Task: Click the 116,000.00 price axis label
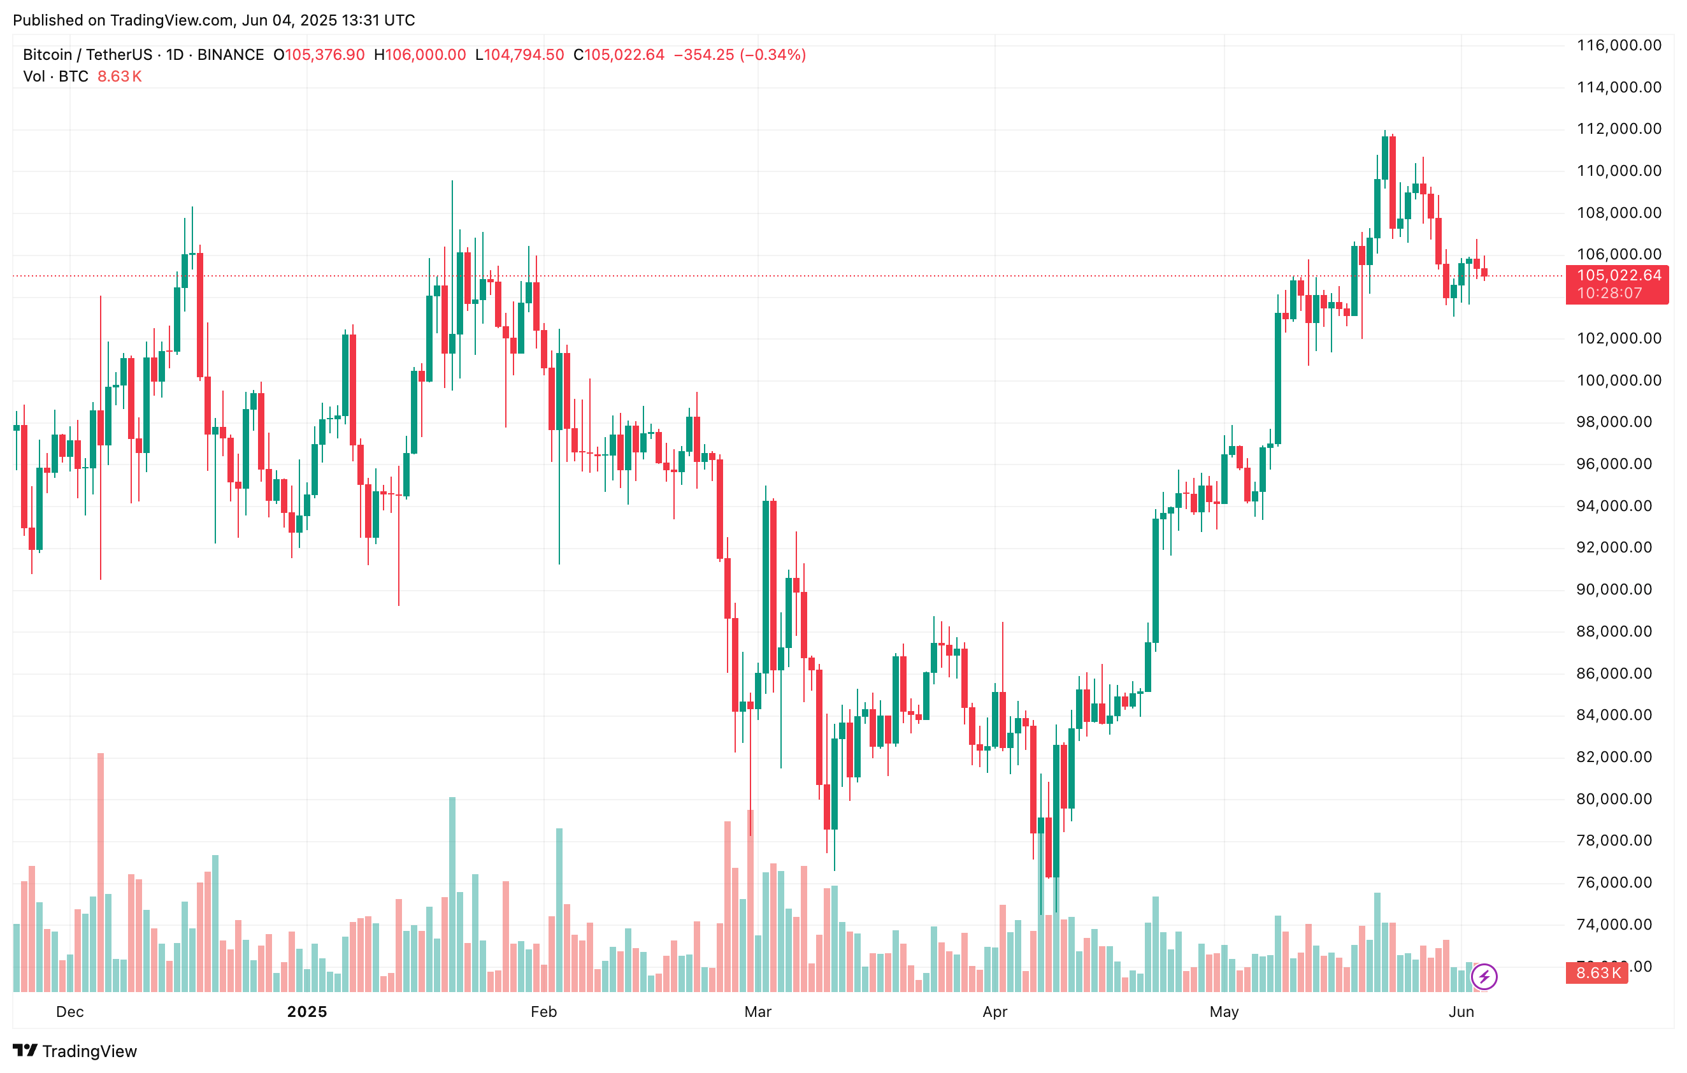tap(1618, 45)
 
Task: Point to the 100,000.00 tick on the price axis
tap(1618, 380)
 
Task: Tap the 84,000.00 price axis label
tap(1618, 715)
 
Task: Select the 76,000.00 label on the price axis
tap(1618, 882)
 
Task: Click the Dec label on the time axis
tap(70, 1012)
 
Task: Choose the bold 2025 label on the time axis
tap(307, 1012)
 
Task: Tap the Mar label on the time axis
tap(757, 1012)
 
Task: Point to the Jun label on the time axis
tap(1461, 1012)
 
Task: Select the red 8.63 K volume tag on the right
tap(1597, 974)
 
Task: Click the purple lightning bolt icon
tap(1484, 976)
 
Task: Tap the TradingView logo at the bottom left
tap(75, 1051)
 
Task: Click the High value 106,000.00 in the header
tap(425, 55)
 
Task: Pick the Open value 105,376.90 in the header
tap(324, 55)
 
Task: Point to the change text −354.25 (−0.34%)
tap(739, 55)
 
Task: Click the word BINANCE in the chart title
tap(231, 55)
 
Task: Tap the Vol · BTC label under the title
tap(56, 76)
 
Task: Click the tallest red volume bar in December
tap(101, 872)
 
